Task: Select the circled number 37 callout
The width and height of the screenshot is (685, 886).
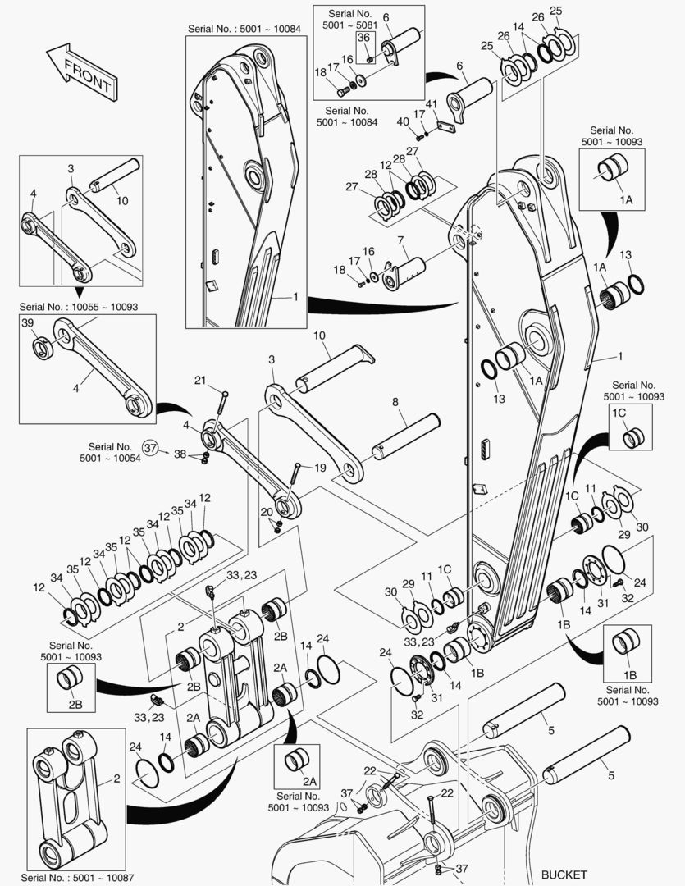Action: coord(149,447)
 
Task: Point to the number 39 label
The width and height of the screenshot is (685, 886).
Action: coord(29,324)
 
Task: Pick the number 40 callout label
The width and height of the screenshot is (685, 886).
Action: coord(403,122)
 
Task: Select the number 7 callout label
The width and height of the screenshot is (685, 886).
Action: coord(401,241)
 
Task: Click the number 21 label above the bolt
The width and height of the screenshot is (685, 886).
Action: coord(200,379)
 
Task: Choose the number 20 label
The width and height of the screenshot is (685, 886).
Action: coord(267,511)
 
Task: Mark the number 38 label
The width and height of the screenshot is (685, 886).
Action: coord(179,453)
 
